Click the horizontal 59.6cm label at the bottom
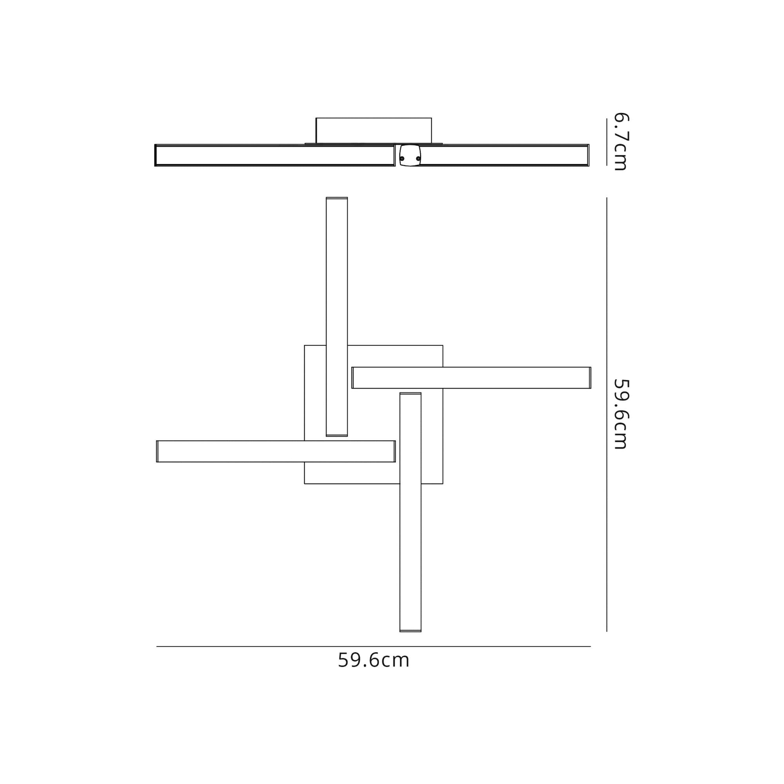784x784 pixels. coord(373,661)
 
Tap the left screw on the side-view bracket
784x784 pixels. coord(402,159)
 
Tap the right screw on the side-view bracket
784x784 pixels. coord(418,159)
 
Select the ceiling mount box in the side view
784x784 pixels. coord(373,130)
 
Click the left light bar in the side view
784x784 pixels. coord(275,155)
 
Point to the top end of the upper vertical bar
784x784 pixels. coord(337,198)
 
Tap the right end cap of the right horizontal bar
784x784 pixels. coord(590,378)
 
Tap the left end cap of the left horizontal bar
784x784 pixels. coord(158,451)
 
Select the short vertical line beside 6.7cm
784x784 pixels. coord(607,142)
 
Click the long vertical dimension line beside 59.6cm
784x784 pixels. coord(607,414)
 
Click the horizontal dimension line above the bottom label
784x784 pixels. coord(373,646)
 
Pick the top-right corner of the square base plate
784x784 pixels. coord(443,345)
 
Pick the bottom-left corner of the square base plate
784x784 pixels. coord(305,484)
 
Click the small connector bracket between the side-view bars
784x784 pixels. coord(410,155)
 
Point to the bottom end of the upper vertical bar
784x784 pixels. coord(337,435)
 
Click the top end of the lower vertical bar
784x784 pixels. coord(410,394)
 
